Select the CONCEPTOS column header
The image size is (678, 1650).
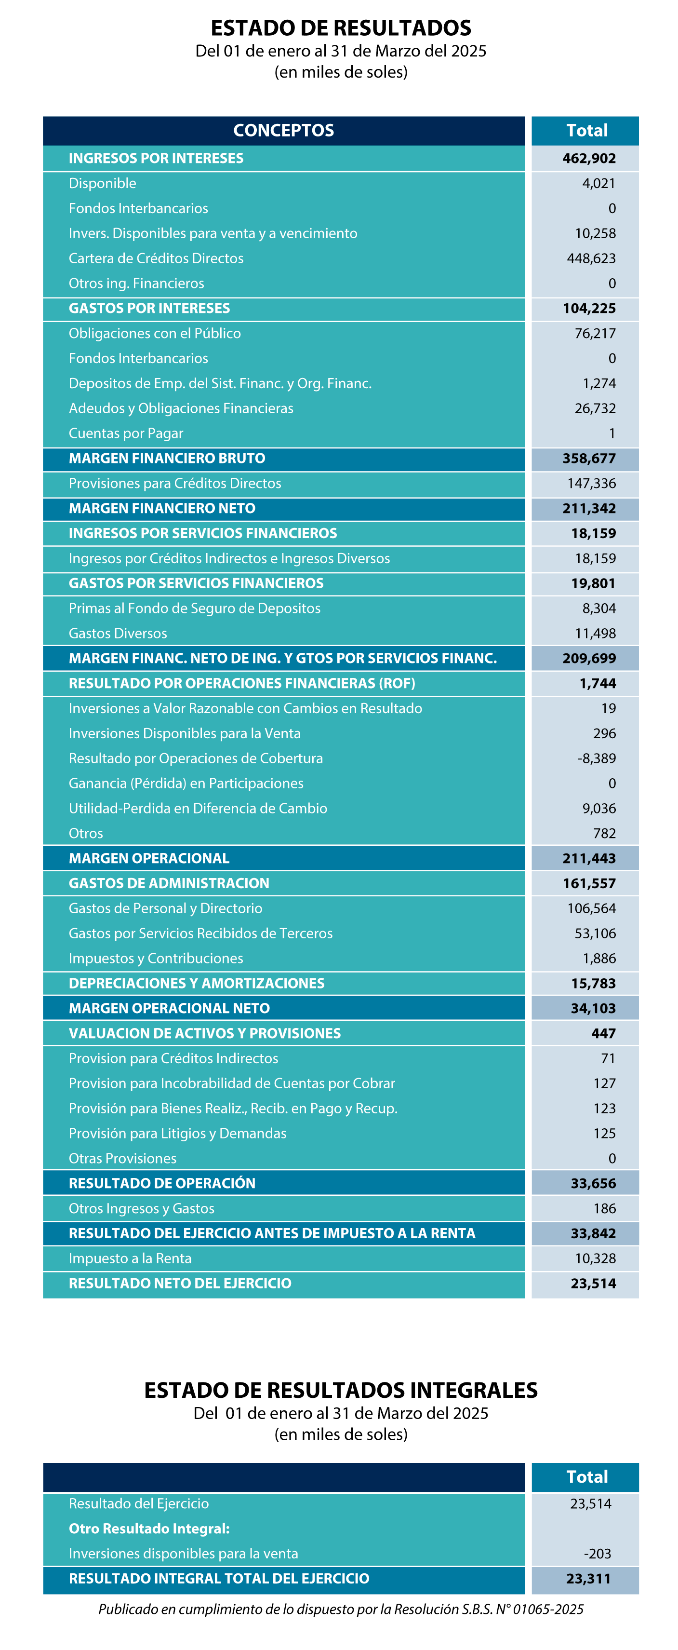click(284, 130)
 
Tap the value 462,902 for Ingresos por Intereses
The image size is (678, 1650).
click(589, 158)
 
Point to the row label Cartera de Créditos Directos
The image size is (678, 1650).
click(156, 258)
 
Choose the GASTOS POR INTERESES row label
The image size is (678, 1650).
click(149, 308)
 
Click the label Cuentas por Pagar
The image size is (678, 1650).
click(126, 433)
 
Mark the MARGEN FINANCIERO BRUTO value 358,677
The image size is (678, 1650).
click(589, 459)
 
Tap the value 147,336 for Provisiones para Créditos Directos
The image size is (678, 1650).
click(592, 483)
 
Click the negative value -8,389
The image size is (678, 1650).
click(597, 758)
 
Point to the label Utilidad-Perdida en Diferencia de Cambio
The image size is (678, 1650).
click(198, 808)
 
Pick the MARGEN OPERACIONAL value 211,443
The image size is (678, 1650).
click(589, 858)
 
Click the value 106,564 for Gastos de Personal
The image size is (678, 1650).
click(592, 908)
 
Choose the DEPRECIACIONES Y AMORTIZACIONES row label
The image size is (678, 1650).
click(197, 983)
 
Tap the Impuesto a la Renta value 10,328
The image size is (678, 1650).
click(596, 1258)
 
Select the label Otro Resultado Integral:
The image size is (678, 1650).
click(149, 1528)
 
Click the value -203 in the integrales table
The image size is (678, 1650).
click(598, 1553)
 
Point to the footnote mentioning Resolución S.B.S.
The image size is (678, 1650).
click(341, 1609)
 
